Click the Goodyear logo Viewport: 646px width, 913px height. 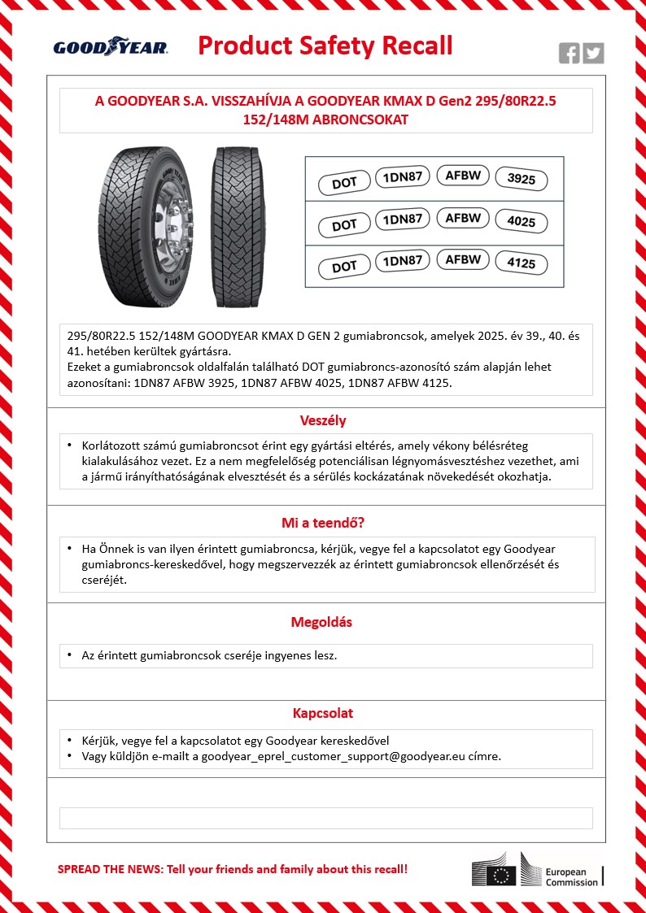111,47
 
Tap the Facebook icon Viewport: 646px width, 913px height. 570,54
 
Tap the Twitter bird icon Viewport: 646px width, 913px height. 594,54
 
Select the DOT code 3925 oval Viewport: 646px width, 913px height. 521,179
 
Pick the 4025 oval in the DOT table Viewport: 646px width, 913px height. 521,222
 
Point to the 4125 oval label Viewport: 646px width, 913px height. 521,264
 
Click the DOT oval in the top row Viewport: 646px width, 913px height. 344,183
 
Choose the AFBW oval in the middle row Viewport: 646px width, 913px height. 463,218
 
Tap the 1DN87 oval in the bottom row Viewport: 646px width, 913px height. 402,261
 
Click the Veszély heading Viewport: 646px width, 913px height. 324,421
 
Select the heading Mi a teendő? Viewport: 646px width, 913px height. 323,523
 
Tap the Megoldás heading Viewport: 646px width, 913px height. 323,623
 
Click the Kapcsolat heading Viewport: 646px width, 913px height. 323,713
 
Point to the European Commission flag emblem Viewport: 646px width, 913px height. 502,875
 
